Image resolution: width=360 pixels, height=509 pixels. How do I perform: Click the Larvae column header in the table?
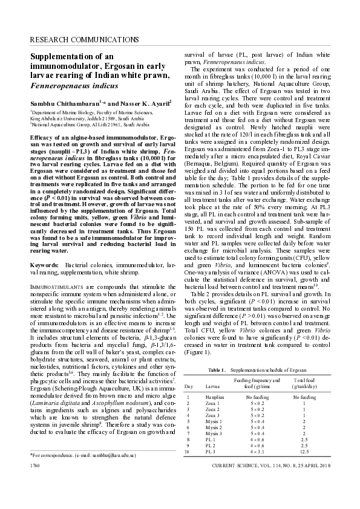tap(213, 384)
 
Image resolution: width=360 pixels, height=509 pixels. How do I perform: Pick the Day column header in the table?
tap(188, 384)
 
